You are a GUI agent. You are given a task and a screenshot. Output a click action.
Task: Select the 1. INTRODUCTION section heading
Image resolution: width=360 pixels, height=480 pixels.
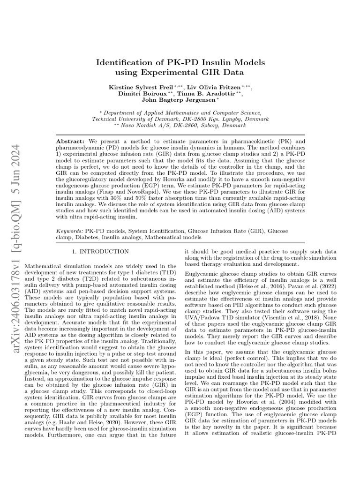(98, 252)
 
